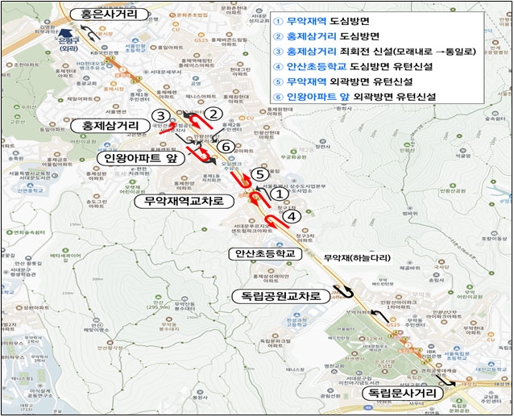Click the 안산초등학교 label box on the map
click(x=263, y=252)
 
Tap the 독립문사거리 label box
click(x=400, y=393)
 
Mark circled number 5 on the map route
click(x=257, y=173)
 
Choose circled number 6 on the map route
click(x=227, y=146)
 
